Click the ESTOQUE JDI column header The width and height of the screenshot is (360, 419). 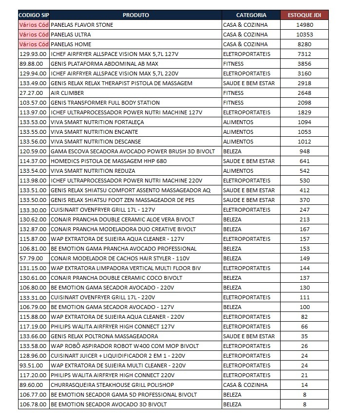click(304, 15)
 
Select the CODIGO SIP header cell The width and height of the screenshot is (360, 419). click(34, 15)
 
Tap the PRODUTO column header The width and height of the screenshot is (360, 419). click(136, 15)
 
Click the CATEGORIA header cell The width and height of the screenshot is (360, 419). click(251, 15)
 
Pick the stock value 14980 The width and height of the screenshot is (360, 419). click(304, 25)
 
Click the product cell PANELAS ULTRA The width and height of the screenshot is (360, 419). click(71, 35)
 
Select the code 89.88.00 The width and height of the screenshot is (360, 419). click(32, 64)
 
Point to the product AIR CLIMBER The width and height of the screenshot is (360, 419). click(67, 93)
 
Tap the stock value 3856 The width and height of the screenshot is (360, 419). click(304, 64)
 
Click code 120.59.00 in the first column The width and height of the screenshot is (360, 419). click(34, 151)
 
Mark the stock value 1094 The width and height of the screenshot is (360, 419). click(304, 122)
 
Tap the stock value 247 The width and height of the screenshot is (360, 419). click(304, 210)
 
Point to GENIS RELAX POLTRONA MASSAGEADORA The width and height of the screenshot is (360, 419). click(104, 336)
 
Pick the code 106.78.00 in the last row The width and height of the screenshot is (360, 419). click(34, 404)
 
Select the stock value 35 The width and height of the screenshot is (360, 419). click(304, 336)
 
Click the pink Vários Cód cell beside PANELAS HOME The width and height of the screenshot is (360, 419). click(34, 44)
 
